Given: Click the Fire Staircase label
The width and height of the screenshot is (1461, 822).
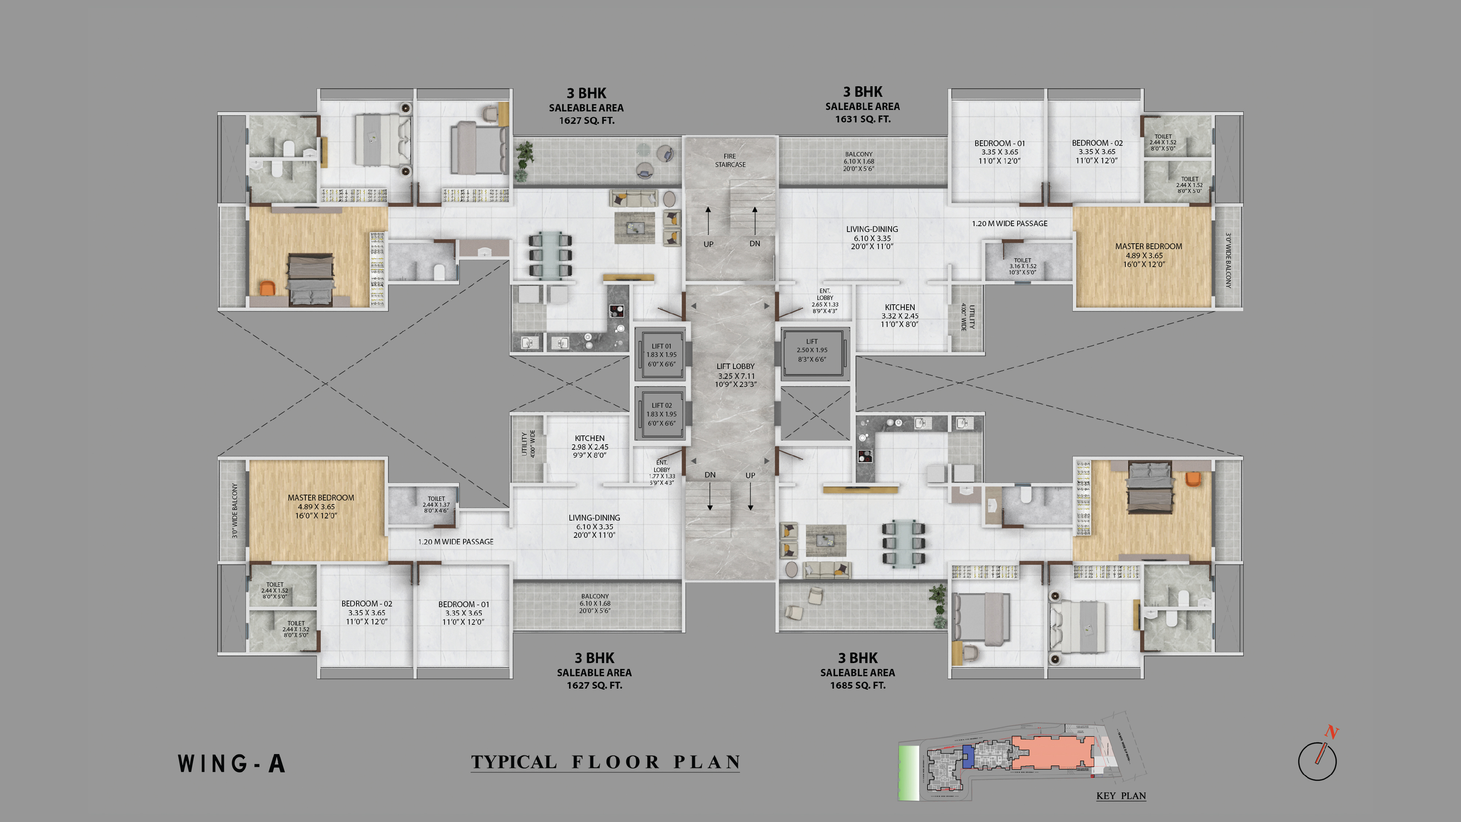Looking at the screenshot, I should coord(730,160).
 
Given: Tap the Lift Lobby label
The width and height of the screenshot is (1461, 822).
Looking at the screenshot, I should coord(736,375).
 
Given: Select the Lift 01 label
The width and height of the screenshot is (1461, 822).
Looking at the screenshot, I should coord(661,354).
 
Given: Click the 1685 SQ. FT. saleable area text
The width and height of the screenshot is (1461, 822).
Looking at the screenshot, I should coord(858,685).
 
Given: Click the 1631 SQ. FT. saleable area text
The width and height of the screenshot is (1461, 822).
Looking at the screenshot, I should coord(863,119).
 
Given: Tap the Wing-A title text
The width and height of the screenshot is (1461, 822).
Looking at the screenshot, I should coord(232,764).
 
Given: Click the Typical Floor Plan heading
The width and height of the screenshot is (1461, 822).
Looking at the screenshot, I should coord(605,762).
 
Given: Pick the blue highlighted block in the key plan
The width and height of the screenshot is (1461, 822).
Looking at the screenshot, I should coord(968,756).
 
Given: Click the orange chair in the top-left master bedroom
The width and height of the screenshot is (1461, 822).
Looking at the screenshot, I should coord(267,288).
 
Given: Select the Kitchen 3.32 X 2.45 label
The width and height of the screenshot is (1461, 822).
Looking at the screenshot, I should coord(900,315).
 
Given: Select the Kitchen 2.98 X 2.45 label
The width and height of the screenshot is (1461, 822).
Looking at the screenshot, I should coord(590,446).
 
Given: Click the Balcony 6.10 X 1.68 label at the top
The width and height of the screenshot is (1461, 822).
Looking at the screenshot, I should coord(859,161).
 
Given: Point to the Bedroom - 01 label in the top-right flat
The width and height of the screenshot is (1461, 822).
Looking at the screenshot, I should coord(999,152).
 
